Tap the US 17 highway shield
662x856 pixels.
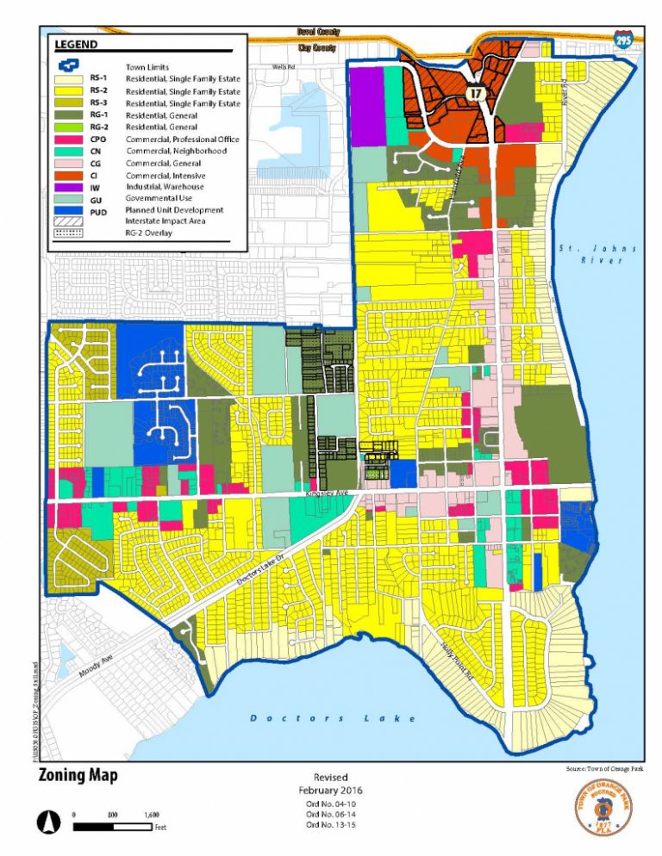point(474,90)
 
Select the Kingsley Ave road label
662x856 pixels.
point(325,495)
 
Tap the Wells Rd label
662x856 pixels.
point(283,65)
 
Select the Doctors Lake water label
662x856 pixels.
point(332,718)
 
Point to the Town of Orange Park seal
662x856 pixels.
point(603,808)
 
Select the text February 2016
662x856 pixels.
point(331,790)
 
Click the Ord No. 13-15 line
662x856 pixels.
point(331,825)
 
